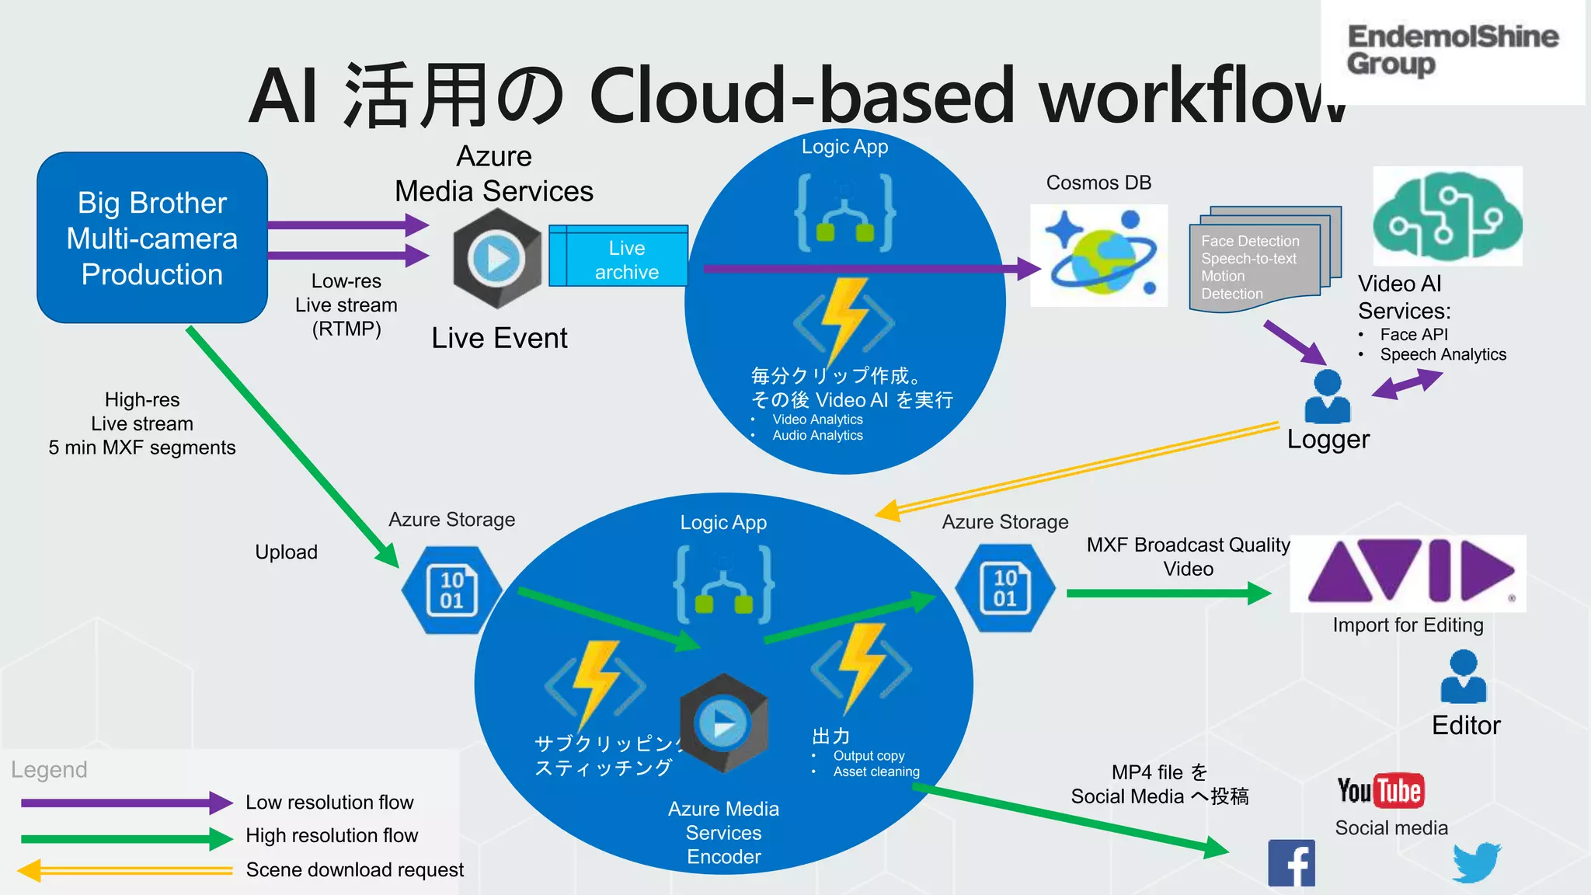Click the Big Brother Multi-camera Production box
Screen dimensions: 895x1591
152,238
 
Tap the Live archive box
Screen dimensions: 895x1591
618,256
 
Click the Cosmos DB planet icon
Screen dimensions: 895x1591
1098,255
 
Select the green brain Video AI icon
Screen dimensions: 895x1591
1447,217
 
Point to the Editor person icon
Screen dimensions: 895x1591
1463,677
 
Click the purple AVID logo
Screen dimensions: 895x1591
1408,573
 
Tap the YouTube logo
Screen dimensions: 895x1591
1380,791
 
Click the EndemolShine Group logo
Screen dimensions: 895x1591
1451,50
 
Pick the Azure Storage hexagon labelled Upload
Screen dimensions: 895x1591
451,590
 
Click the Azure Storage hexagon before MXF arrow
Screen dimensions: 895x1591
1004,588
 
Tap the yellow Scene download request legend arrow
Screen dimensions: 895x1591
124,870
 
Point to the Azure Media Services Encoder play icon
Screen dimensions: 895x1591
723,724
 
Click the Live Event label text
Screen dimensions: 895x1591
500,338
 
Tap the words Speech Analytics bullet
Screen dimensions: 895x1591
1443,354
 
